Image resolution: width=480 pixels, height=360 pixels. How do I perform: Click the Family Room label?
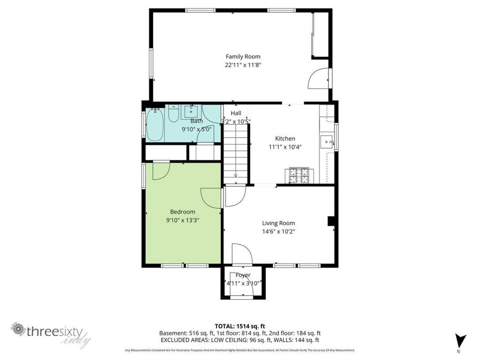(243, 57)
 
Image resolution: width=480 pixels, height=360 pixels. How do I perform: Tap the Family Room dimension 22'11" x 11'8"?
(243, 65)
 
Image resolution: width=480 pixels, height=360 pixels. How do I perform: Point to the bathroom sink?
(191, 111)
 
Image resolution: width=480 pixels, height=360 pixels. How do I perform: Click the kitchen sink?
(326, 142)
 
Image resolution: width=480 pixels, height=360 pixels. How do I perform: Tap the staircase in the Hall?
(236, 155)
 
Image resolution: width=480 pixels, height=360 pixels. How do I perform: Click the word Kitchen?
(285, 139)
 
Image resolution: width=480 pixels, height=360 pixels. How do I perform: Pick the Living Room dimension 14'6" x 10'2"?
(278, 231)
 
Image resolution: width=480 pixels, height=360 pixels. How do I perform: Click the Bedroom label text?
(182, 212)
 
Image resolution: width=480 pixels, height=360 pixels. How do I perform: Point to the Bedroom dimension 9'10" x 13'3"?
(182, 220)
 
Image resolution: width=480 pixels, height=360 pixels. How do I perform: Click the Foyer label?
(243, 275)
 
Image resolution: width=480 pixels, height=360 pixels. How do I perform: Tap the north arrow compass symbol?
(459, 340)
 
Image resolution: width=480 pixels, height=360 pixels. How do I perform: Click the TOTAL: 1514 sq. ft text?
(239, 326)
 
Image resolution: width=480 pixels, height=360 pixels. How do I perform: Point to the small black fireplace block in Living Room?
(331, 221)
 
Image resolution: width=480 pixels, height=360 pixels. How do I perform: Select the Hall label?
(236, 113)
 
